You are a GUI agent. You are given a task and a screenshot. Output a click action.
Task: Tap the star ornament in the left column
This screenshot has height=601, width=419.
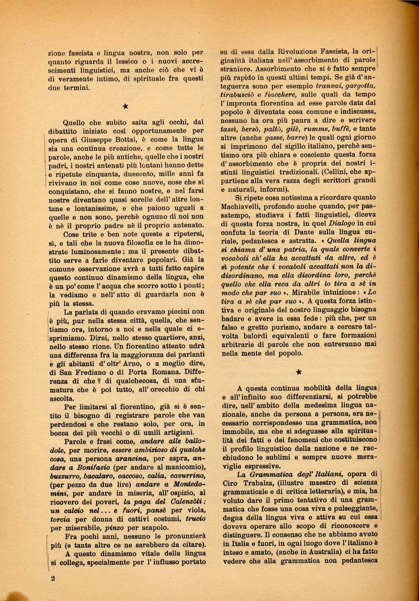(x=126, y=106)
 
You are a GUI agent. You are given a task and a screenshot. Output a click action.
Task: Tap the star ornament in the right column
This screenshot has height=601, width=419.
(x=299, y=372)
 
